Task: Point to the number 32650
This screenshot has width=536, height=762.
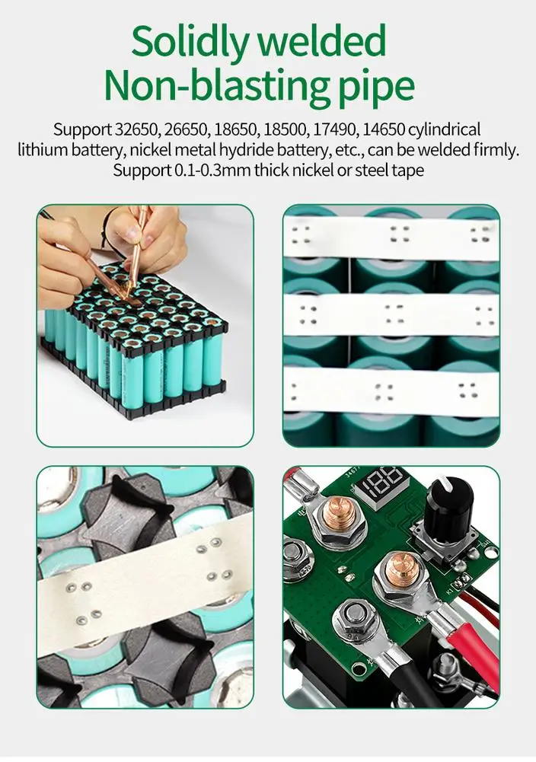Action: (136, 129)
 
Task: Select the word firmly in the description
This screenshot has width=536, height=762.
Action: (496, 150)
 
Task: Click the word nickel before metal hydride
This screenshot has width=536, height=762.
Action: (151, 150)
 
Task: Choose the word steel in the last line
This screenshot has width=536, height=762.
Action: (372, 171)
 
